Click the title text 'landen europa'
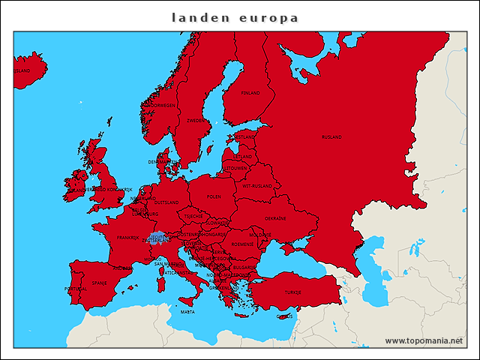235,16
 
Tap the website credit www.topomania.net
424,340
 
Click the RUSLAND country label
331,137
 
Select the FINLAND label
250,93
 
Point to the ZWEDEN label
194,120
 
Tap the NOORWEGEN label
163,106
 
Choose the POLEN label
214,196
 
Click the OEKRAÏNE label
274,218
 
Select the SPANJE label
99,283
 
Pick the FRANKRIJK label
128,238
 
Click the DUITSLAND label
166,202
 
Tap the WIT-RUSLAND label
256,184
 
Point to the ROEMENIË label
242,244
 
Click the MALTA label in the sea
187,311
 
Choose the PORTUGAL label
76,289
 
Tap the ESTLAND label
245,137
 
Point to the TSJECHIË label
193,215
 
